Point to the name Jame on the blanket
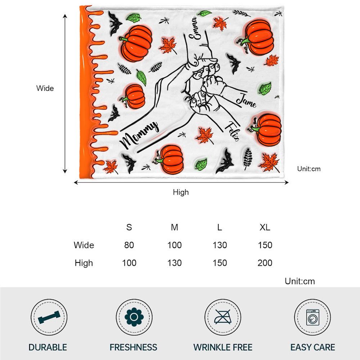pyautogui.click(x=246, y=101)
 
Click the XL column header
pyautogui.click(x=265, y=227)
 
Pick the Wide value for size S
pyautogui.click(x=129, y=245)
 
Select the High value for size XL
pyautogui.click(x=265, y=263)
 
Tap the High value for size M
pyautogui.click(x=174, y=263)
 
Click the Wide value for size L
pyautogui.click(x=220, y=245)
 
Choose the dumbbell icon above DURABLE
pyautogui.click(x=49, y=317)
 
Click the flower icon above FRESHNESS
pyautogui.click(x=134, y=317)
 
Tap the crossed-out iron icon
pyautogui.click(x=223, y=317)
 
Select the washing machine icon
pyautogui.click(x=313, y=317)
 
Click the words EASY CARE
pyautogui.click(x=313, y=347)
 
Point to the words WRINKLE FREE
pyautogui.click(x=223, y=347)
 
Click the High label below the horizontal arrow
pyautogui.click(x=181, y=192)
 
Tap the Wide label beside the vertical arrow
pyautogui.click(x=45, y=88)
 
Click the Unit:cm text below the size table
pyautogui.click(x=300, y=281)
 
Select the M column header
pyautogui.click(x=175, y=227)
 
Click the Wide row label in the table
pyautogui.click(x=84, y=245)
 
